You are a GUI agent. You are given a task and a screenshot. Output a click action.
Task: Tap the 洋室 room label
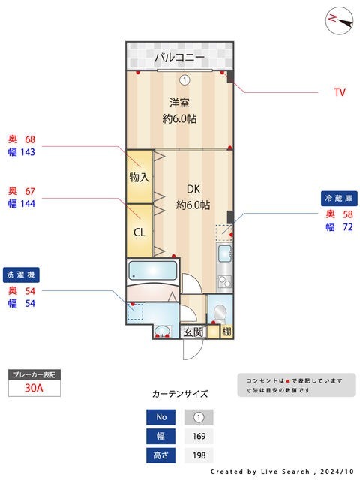pyautogui.click(x=179, y=103)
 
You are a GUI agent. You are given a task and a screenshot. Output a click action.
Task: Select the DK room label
pyautogui.click(x=193, y=190)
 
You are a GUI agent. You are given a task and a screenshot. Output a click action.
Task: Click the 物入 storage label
pyautogui.click(x=139, y=178)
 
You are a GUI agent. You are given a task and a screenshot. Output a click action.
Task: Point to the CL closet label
pyautogui.click(x=139, y=231)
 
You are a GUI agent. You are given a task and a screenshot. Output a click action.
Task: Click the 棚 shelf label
pyautogui.click(x=226, y=331)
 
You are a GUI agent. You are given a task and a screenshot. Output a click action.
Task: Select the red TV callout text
pyautogui.click(x=340, y=93)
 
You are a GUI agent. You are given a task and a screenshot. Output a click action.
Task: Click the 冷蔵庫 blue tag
pyautogui.click(x=337, y=198)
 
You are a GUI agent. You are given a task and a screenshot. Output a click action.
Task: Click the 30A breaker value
pyautogui.click(x=34, y=388)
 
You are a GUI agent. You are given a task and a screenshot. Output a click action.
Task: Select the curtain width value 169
pyautogui.click(x=199, y=436)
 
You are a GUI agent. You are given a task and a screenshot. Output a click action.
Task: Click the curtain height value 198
pyautogui.click(x=199, y=454)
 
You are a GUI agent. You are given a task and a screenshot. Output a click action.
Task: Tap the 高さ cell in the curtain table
pyautogui.click(x=160, y=454)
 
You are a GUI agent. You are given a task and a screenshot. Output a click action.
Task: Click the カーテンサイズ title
pyautogui.click(x=180, y=394)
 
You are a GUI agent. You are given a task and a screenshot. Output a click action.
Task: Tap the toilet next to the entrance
pyautogui.click(x=220, y=312)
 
